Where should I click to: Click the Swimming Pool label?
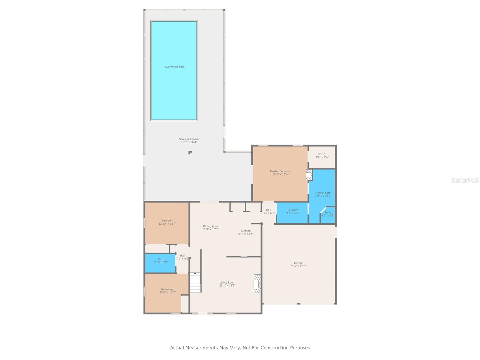(175, 67)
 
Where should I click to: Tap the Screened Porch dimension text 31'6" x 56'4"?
(189, 142)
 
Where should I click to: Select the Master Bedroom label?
(280, 171)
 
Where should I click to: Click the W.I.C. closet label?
(322, 154)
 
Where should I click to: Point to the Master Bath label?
(323, 193)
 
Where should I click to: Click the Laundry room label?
(292, 210)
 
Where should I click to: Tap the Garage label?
(298, 263)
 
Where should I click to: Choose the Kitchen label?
(245, 231)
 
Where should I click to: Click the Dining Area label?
(210, 226)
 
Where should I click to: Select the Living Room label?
(227, 283)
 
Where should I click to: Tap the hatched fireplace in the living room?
(257, 283)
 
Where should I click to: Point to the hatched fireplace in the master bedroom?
(309, 175)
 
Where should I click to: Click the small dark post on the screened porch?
(190, 152)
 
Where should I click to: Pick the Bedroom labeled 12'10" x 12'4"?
(167, 222)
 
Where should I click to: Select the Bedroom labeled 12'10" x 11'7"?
(167, 291)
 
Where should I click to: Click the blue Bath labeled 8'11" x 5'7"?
(161, 261)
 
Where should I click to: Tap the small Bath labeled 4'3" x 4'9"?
(328, 214)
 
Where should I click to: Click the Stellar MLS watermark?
(465, 180)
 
